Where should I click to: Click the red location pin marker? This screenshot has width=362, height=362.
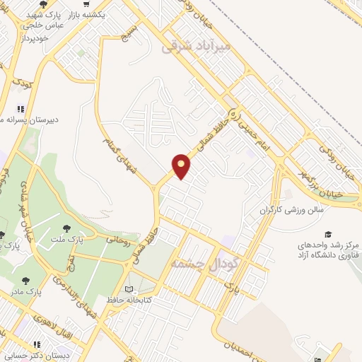click(x=182, y=165)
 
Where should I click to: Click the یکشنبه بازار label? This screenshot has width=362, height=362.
click(x=103, y=14)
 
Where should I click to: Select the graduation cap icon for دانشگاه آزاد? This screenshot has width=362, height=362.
click(x=327, y=234)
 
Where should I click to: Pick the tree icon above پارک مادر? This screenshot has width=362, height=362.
click(x=26, y=281)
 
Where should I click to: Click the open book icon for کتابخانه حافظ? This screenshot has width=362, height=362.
click(x=128, y=289)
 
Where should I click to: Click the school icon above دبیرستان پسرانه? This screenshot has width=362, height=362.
click(x=21, y=109)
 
